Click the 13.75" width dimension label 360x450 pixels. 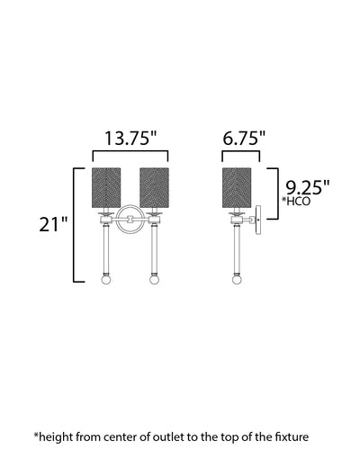[x=130, y=139]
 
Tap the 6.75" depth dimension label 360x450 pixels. [x=244, y=139]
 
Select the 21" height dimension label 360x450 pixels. [x=53, y=224]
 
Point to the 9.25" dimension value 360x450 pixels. [x=307, y=188]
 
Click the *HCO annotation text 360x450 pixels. [x=296, y=202]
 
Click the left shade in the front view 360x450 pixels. [x=106, y=188]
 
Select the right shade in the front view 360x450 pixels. [x=155, y=188]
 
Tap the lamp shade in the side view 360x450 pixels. [x=237, y=188]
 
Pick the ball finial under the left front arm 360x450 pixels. [x=106, y=280]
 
